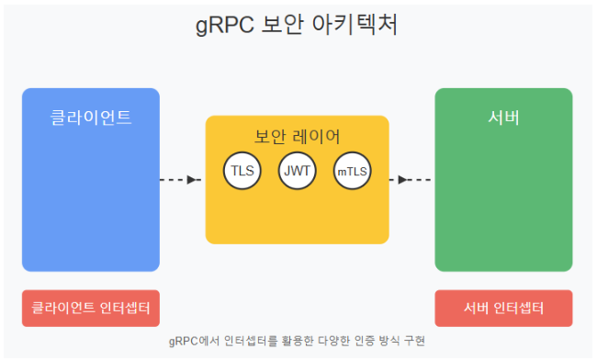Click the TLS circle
coord(242,171)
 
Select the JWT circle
coord(298,171)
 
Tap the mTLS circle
coord(353,171)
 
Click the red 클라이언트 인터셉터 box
coord(91,309)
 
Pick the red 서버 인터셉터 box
coord(503,309)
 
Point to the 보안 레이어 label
coord(298,137)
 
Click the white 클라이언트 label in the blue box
coord(91,118)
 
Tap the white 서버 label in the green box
coord(503,118)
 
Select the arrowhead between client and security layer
coord(192,180)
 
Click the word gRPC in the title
coord(225,25)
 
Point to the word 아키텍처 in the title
coord(355,25)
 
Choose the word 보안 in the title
coord(283,25)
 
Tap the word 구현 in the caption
coord(414,341)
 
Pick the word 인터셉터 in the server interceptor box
coord(519,308)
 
